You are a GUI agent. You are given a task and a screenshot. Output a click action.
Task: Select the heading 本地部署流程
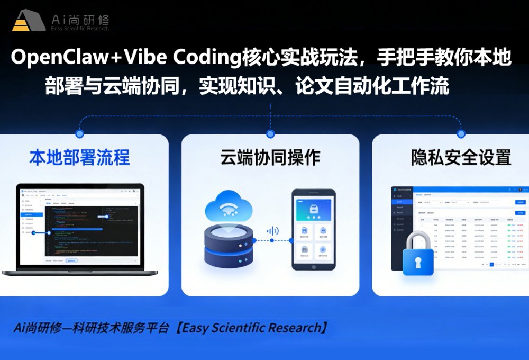pos(80,158)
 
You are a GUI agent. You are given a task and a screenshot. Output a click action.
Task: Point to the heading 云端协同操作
pos(270,158)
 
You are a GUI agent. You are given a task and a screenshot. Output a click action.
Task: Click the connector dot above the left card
pos(80,134)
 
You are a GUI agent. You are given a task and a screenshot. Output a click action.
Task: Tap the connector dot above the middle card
pos(270,134)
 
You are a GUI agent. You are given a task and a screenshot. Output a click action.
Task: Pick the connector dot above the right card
pos(461,134)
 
